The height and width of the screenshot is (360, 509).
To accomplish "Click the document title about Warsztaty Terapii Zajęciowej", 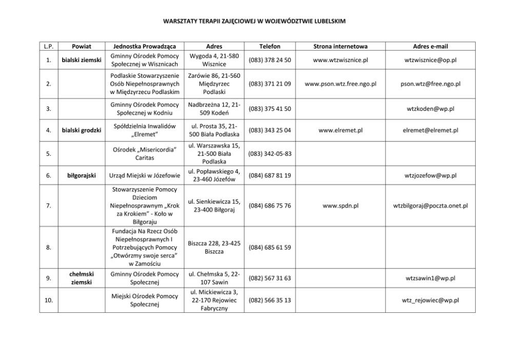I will pos(254,22).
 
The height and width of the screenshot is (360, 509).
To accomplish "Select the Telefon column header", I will pos(270,46).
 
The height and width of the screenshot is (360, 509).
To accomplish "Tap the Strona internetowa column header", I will pos(341,46).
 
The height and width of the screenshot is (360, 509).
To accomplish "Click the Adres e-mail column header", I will pos(431,46).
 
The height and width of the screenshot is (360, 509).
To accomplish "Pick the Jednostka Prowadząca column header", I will pos(144,46).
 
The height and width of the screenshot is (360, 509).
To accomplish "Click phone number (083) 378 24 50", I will pos(270,60).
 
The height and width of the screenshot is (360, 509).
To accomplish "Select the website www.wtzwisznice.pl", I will pos(341,60).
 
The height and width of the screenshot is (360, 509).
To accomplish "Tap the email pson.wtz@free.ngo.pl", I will pos(431,84).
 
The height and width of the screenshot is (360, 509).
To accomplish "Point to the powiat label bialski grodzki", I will pos(81,130).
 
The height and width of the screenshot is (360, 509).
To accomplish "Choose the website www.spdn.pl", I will pos(341,206).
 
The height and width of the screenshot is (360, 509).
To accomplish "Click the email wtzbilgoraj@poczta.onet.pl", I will pos(431,206).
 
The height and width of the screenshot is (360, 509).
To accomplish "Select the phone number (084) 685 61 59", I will pos(270,247).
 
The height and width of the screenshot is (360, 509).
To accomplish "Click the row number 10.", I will pos(48,301).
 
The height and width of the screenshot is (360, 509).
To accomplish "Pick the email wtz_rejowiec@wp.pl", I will pos(431,301).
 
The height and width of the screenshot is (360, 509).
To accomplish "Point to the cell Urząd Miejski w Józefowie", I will pos(144,176).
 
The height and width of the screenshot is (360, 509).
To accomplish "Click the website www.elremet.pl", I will pos(341,130).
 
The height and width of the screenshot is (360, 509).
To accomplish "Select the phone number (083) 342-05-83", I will pos(270,153).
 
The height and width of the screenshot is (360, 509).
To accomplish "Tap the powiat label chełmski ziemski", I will pos(81,278).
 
